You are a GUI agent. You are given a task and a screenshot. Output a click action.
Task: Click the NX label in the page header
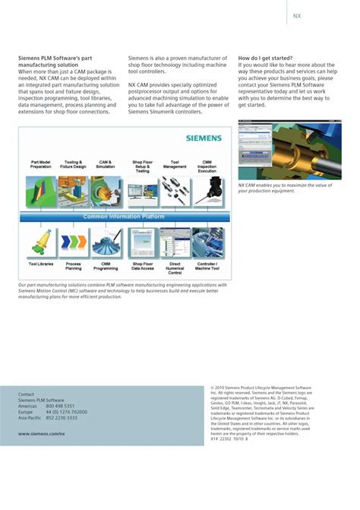pyautogui.click(x=298, y=15)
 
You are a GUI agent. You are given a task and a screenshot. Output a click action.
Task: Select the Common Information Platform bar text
pyautogui.click(x=124, y=217)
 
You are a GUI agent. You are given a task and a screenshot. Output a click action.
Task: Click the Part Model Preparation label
pyautogui.click(x=41, y=164)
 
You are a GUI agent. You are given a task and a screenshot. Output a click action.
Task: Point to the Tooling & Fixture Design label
pyautogui.click(x=74, y=164)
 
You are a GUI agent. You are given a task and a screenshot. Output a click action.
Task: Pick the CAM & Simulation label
pyautogui.click(x=106, y=164)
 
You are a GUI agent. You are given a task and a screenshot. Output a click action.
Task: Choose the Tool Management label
pyautogui.click(x=174, y=164)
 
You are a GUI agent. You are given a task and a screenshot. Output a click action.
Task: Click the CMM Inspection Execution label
pyautogui.click(x=207, y=166)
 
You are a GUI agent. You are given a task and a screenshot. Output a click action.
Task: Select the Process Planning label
pyautogui.click(x=74, y=266)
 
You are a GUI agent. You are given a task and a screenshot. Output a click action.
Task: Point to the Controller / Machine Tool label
pyautogui.click(x=207, y=266)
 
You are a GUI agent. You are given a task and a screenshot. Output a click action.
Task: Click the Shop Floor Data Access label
pyautogui.click(x=142, y=266)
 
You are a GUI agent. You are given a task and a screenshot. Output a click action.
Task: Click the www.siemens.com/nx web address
pyautogui.click(x=41, y=433)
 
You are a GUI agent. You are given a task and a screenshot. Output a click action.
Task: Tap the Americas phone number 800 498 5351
pyautogui.click(x=60, y=406)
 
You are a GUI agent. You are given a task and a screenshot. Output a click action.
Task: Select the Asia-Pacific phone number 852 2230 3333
pyautogui.click(x=62, y=417)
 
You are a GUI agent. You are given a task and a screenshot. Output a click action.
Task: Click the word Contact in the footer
pyautogui.click(x=27, y=394)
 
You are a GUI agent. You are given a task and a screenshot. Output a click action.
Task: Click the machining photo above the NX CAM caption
pyautogui.click(x=289, y=150)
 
